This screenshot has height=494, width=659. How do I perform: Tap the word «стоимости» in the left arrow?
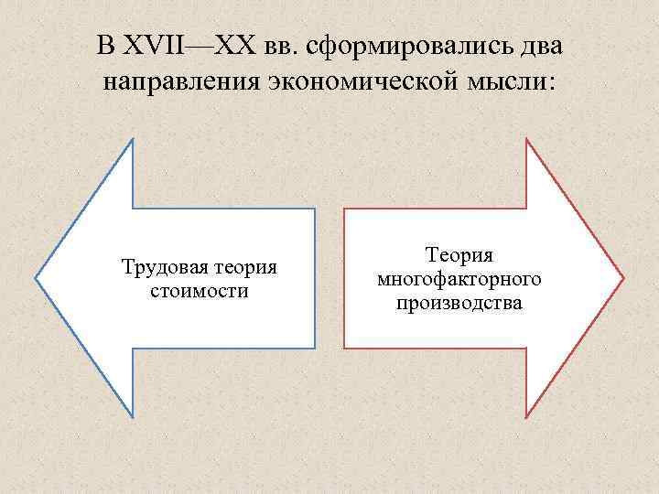(198, 291)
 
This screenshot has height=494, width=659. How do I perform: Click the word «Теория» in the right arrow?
(459, 256)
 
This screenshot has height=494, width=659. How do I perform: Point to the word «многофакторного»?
(459, 279)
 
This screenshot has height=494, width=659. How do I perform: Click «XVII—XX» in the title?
(171, 45)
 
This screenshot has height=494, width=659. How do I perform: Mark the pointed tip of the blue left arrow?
(37, 277)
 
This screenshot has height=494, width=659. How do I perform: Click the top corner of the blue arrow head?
(133, 139)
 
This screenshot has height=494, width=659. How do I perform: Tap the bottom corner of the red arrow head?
(527, 417)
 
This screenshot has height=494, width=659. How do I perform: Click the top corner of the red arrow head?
(527, 139)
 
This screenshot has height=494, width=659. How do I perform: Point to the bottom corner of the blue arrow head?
(133, 417)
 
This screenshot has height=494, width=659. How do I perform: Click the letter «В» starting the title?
(104, 45)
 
